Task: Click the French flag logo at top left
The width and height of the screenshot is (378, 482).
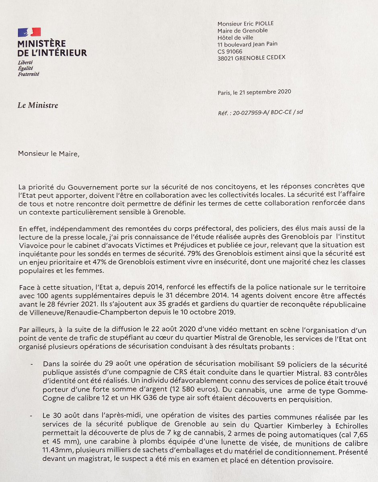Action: pos(29,32)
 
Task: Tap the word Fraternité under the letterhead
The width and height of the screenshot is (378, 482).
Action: pos(29,74)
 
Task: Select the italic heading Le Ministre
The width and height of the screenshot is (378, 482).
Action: pos(38,106)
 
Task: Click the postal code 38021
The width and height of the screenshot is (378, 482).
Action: pos(226,57)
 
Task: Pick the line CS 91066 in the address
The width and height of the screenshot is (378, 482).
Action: pos(230,51)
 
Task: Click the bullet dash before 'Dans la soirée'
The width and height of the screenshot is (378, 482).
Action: pos(32,364)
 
